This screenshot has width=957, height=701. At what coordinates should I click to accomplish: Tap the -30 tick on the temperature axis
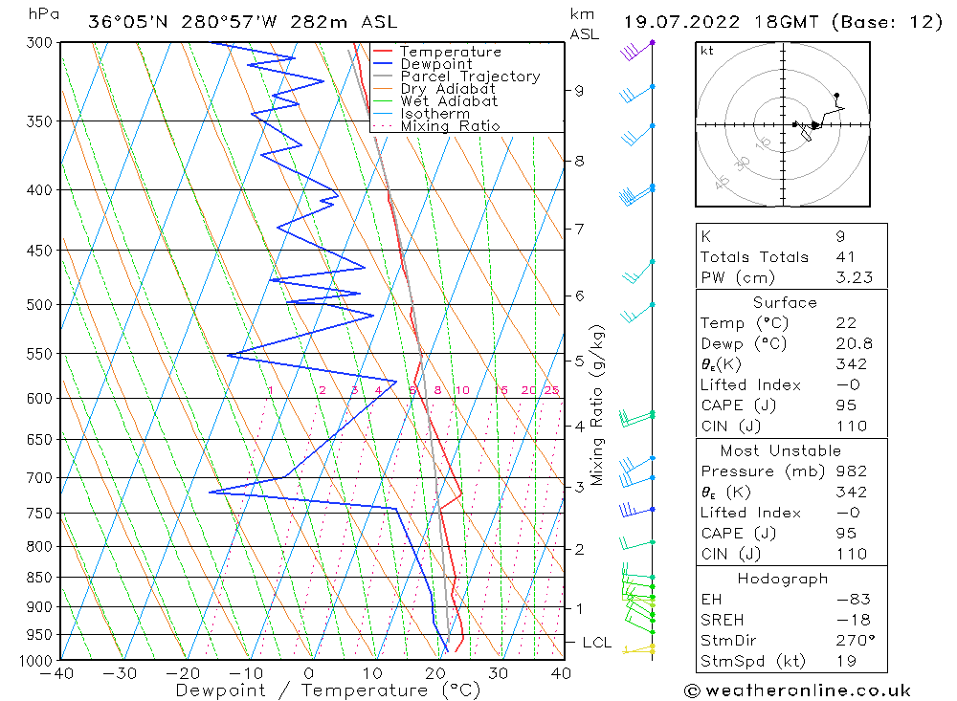point(120,673)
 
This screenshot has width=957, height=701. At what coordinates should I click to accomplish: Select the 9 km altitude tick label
point(579,91)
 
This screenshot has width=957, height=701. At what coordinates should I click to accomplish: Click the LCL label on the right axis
point(596,643)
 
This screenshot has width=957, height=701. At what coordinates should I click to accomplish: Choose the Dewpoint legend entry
point(435,64)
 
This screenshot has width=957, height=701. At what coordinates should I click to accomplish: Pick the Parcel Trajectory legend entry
point(470,77)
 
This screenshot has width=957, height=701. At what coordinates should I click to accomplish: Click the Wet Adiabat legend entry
point(449,101)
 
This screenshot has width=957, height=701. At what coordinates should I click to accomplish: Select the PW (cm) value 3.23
point(854,278)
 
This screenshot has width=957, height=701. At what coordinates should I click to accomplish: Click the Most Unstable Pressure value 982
point(851,471)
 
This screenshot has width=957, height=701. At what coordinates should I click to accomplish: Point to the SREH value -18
point(851,620)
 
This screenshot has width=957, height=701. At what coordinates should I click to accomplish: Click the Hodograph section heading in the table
point(790,579)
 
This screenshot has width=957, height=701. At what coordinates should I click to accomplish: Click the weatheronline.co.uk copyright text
point(797,690)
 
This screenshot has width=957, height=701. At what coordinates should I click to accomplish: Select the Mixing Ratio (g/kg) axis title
point(597,405)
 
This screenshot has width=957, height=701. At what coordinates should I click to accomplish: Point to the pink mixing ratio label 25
point(551,390)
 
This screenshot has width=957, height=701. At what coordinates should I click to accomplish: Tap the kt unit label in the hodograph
point(707,51)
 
